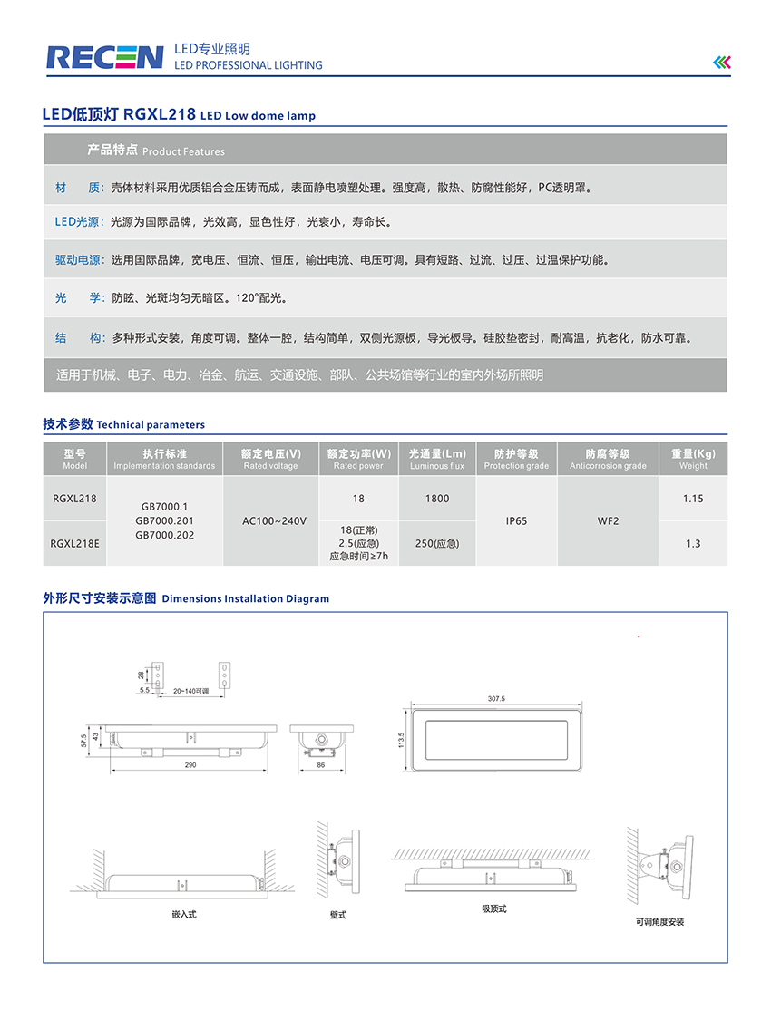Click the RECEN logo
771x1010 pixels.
coord(104,57)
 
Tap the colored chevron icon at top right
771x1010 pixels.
coord(721,62)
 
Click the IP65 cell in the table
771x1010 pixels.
coord(516,521)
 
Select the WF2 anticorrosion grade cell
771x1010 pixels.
coord(608,521)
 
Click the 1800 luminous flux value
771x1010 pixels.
coord(437,499)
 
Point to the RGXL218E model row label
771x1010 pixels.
coord(75,543)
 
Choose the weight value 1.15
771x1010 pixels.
coord(693,499)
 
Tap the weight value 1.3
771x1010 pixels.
coord(693,544)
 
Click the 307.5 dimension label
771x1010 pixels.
coord(495,699)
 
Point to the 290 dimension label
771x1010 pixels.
coord(190,765)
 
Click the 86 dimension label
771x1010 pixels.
coord(320,765)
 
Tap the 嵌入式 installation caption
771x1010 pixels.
coord(184,914)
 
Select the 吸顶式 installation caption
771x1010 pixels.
coord(494,908)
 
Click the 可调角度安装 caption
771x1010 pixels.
coord(660,921)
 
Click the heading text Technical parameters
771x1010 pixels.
coord(151,424)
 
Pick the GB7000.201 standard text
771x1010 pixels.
coord(164,521)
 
